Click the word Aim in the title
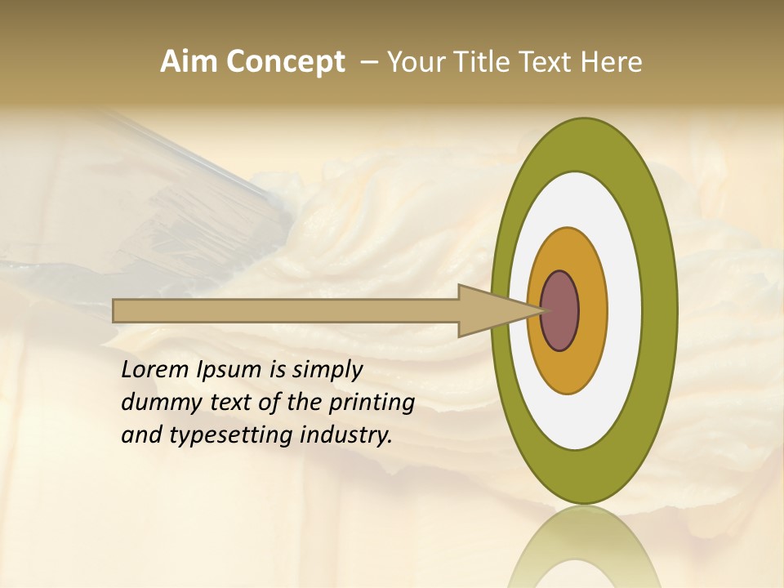coord(189,62)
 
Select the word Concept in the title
coord(284,62)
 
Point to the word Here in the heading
coord(613,62)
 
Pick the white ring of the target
coord(625,311)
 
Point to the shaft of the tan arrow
coord(286,311)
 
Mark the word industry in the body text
coord(346,435)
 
